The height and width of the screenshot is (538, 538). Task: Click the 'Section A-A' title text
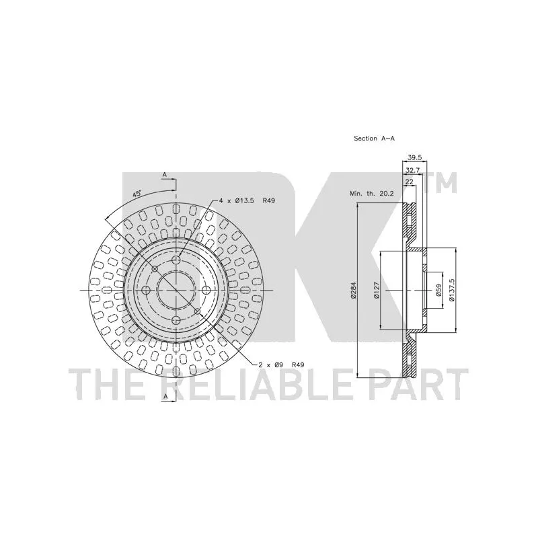click(x=375, y=139)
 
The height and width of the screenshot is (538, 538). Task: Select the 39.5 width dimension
click(x=414, y=157)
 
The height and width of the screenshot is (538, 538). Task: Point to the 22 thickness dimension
click(x=410, y=182)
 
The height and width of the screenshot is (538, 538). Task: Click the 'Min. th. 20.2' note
click(x=372, y=194)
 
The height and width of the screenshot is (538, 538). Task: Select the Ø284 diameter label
click(x=354, y=291)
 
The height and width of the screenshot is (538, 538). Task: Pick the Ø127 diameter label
click(x=377, y=291)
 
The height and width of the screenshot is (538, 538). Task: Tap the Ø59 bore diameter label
click(x=438, y=291)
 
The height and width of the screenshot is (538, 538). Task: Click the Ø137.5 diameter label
click(x=451, y=291)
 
